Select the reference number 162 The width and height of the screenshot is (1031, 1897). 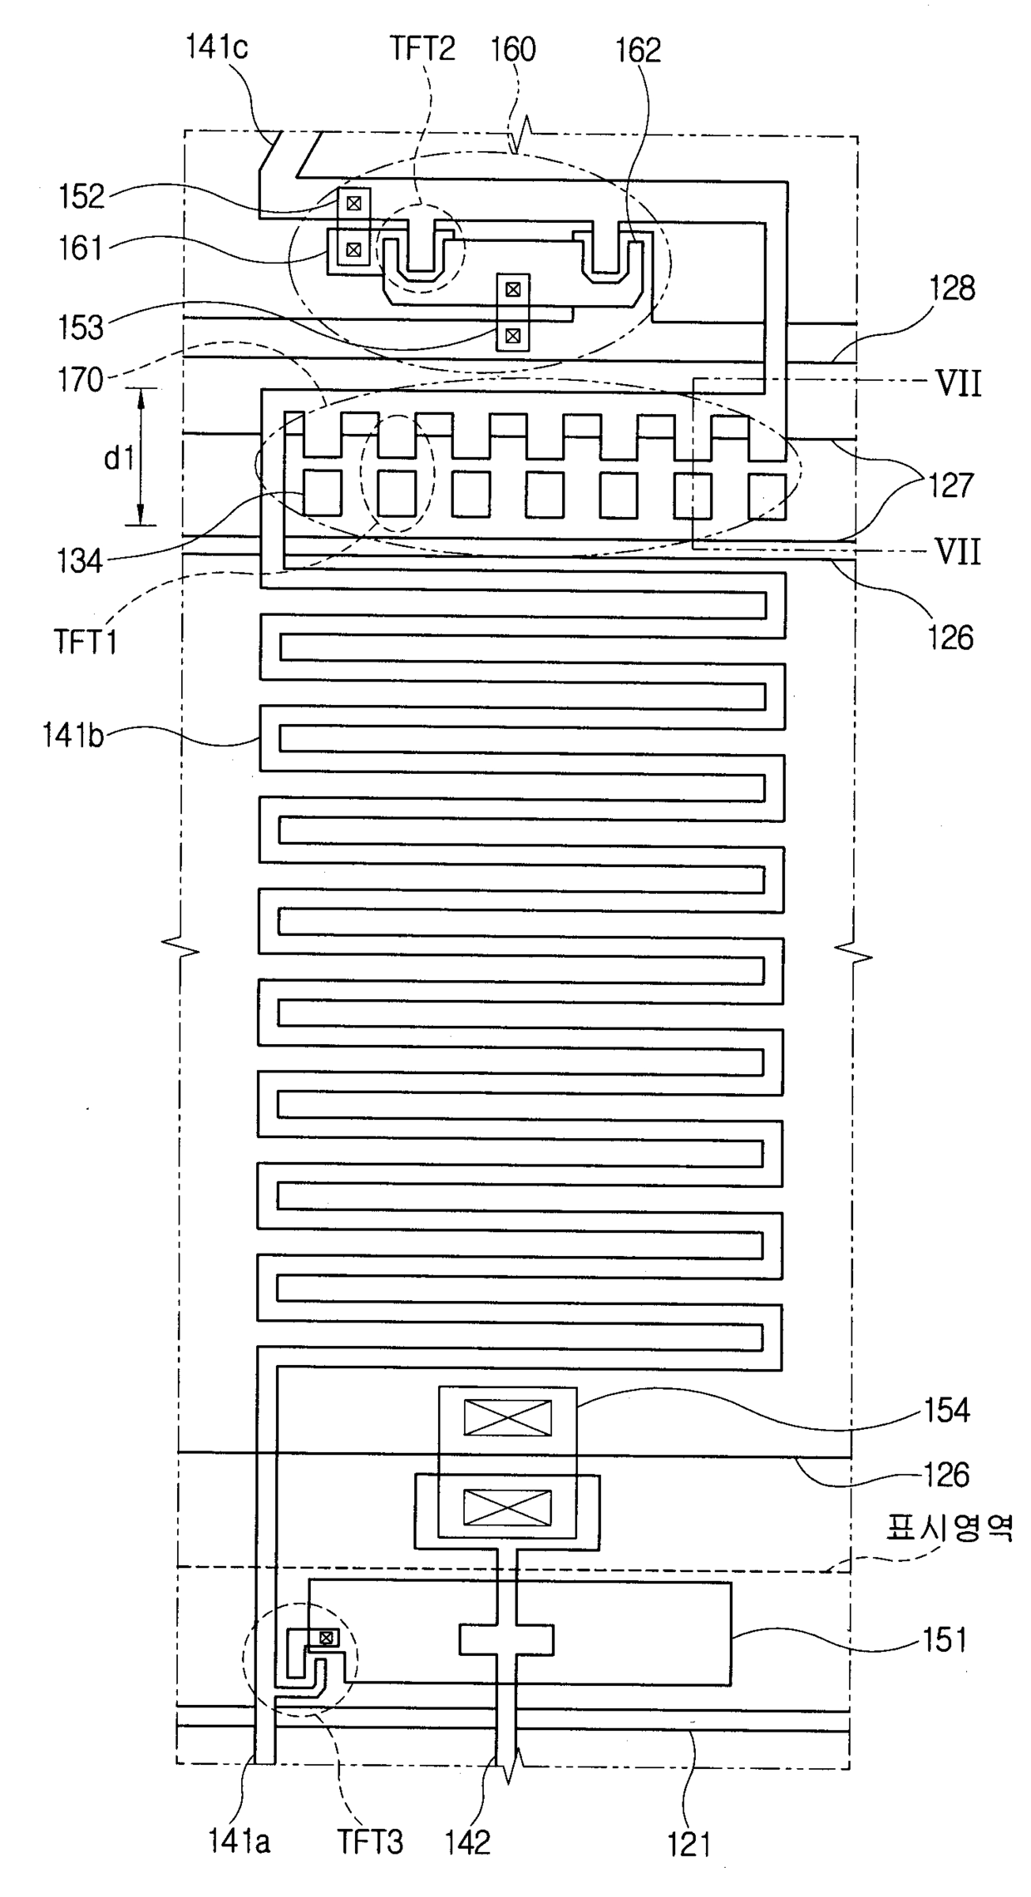point(639,51)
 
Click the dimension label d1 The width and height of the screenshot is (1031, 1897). point(119,457)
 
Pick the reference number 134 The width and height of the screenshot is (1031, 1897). point(81,561)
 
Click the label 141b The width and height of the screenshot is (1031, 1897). point(74,737)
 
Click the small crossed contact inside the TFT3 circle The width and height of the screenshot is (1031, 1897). point(327,1638)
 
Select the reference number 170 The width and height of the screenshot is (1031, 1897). point(81,380)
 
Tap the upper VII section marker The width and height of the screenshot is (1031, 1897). point(959,384)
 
